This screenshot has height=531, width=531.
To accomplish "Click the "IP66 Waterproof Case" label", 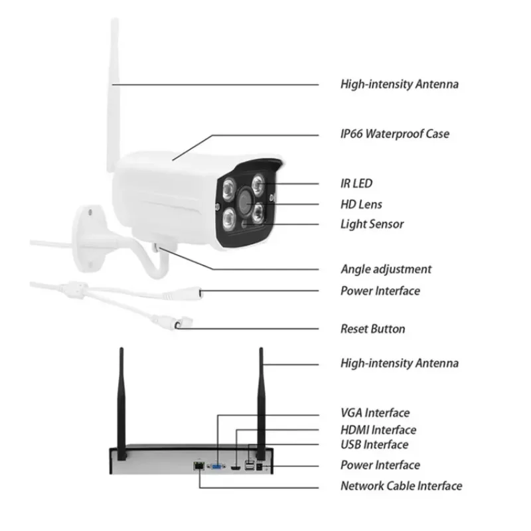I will [394, 134].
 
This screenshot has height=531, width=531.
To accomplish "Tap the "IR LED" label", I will [356, 183].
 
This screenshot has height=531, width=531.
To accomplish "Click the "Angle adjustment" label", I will [386, 269].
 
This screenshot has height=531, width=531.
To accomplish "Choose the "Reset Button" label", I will [372, 329].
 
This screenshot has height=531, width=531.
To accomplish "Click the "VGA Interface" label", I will [375, 414].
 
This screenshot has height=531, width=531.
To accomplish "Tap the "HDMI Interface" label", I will [378, 430].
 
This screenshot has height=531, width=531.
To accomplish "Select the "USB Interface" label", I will [374, 445].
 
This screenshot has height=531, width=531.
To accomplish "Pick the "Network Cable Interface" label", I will [401, 486].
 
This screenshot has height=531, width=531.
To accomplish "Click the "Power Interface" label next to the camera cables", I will [380, 291].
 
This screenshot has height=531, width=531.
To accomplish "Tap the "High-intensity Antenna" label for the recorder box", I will [399, 363].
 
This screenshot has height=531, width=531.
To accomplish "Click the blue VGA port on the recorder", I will [217, 466].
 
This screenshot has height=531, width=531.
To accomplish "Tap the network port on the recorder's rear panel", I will [198, 466].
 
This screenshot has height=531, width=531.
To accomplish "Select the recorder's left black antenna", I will [121, 398].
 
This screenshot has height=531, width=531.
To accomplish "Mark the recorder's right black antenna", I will [261, 398].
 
